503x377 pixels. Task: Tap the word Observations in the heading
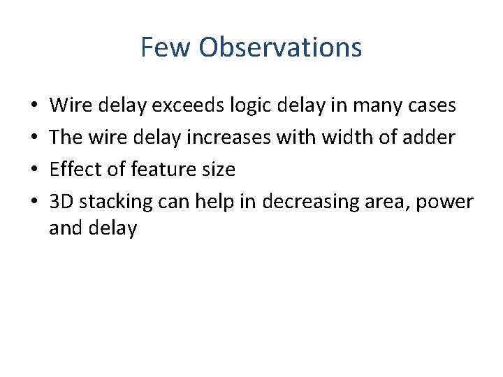(x=280, y=47)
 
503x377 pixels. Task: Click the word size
(x=217, y=169)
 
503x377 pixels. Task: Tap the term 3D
(x=62, y=202)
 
